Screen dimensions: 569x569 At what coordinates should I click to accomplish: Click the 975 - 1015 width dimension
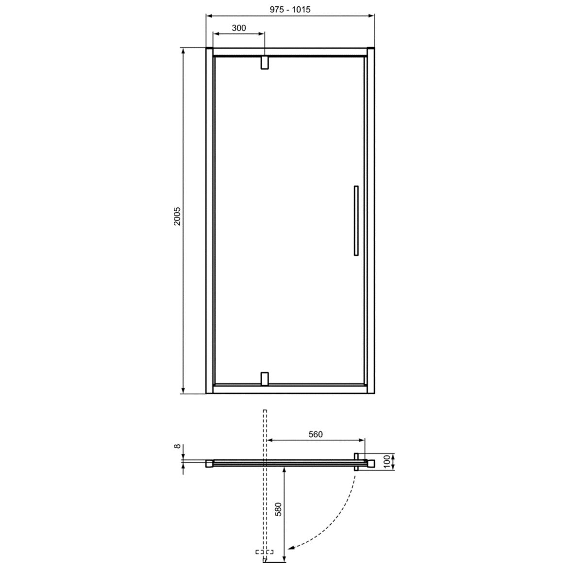tap(290, 9)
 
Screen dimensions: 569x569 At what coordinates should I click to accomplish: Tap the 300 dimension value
tap(239, 28)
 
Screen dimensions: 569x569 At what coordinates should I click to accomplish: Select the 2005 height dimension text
tap(177, 216)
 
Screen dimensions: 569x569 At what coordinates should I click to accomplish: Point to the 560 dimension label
tap(316, 434)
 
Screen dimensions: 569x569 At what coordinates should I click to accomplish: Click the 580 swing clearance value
tap(278, 509)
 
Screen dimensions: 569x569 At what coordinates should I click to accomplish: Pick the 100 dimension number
tap(387, 462)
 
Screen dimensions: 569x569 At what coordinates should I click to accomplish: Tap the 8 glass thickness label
tap(177, 447)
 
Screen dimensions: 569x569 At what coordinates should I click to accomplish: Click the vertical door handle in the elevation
tap(356, 220)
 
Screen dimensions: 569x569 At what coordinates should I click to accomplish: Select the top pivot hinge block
tap(265, 63)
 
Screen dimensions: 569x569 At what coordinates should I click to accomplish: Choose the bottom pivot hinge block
tap(265, 379)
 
